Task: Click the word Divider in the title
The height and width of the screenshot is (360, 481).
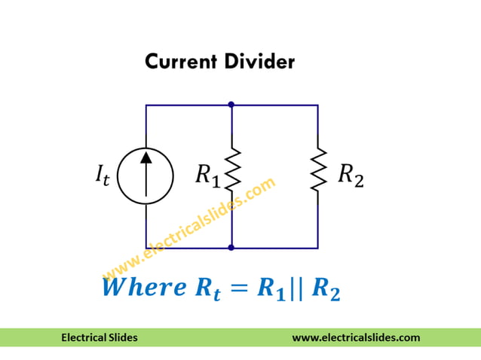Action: point(259,62)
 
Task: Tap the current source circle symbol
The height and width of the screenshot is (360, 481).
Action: point(146,176)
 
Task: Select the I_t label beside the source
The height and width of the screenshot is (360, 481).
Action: point(101,178)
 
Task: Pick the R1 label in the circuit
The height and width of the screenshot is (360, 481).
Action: point(207,176)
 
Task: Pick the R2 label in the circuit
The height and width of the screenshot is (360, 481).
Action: point(350,175)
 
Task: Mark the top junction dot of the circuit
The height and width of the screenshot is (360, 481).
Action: point(231,105)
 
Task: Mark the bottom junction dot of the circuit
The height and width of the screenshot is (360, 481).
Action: point(231,247)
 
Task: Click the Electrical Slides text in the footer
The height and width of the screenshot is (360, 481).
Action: point(100,337)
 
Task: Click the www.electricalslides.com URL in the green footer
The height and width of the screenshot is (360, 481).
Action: point(356,337)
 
